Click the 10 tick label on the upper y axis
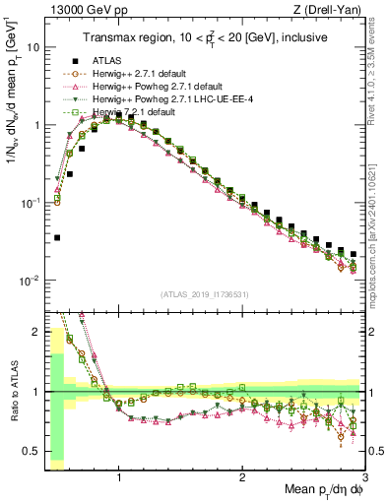point(32,47)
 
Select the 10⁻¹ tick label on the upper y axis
point(30,203)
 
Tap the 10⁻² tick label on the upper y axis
point(30,281)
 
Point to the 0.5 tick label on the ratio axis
point(32,451)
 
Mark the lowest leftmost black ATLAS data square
point(57,237)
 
